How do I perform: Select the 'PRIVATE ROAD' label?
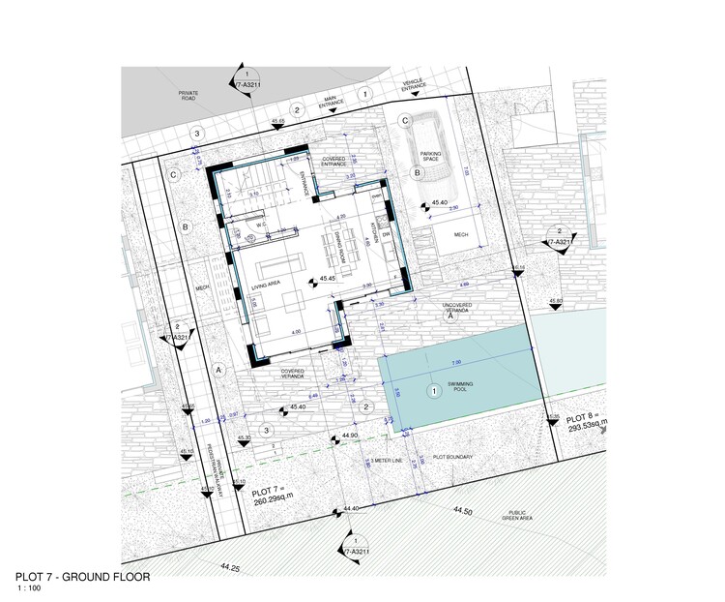point(189,96)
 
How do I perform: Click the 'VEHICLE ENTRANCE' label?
point(414,85)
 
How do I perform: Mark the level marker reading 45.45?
point(327,279)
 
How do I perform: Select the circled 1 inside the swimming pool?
point(434,391)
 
